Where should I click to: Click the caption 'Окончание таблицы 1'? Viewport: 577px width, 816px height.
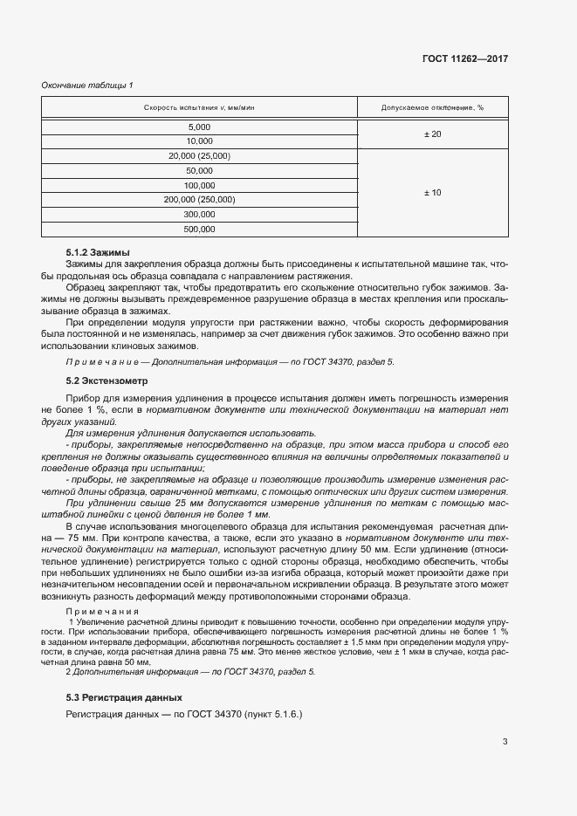(x=86, y=85)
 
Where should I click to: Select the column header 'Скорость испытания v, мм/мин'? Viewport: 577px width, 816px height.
(x=199, y=108)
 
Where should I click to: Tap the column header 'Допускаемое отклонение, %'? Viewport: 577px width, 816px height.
(x=432, y=108)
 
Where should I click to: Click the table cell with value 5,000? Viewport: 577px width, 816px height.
(x=199, y=127)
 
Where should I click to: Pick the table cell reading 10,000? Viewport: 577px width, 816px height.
(x=199, y=141)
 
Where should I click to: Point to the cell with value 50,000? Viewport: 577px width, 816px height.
(x=199, y=171)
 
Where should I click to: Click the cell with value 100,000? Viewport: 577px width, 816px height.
(x=199, y=186)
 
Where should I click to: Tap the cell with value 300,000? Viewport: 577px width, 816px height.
(x=199, y=215)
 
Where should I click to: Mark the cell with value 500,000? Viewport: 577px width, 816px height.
(x=199, y=230)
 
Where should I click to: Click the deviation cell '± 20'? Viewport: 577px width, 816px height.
(x=432, y=134)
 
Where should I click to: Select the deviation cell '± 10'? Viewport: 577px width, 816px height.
(x=432, y=193)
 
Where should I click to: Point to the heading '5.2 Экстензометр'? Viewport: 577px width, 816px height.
(x=107, y=381)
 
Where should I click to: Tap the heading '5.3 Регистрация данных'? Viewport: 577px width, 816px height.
(x=124, y=697)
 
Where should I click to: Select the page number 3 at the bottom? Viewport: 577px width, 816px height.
(x=505, y=743)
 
